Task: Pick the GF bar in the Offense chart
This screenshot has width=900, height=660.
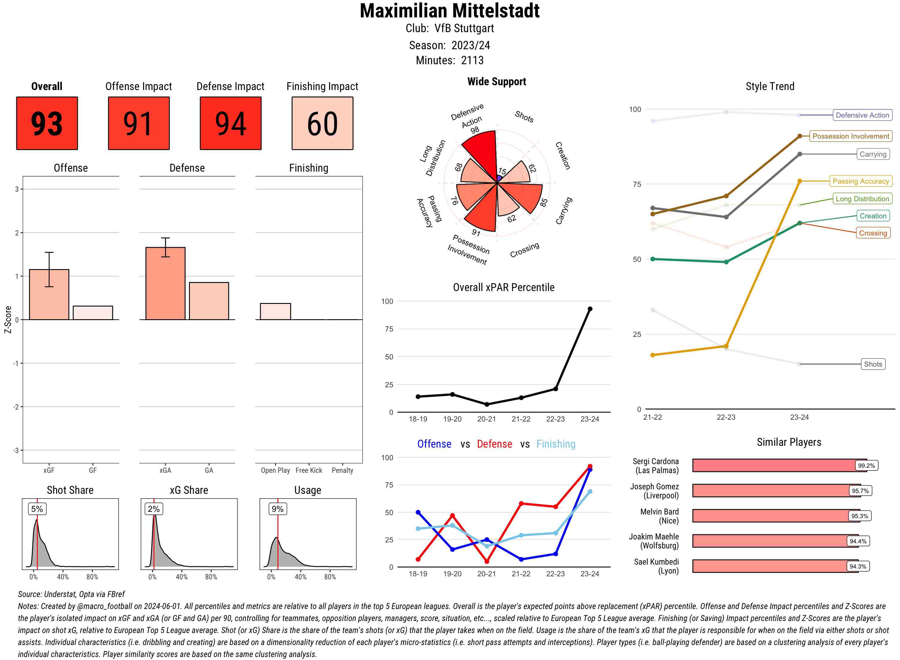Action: [93, 313]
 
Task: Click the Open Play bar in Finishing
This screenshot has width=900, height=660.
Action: [275, 312]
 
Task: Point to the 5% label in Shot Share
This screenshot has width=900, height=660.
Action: [37, 509]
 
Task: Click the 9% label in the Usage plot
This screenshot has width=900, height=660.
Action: [277, 509]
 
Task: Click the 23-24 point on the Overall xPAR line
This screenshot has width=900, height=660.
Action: [589, 309]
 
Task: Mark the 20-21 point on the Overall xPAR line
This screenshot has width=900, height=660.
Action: [487, 404]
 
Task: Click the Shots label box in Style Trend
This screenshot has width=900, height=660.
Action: [872, 364]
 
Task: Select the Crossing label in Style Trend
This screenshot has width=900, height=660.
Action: [872, 233]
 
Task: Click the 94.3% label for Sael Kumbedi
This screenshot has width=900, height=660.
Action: [858, 566]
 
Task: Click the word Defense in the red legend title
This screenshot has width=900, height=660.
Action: [494, 444]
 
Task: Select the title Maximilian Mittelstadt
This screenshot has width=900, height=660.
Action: [449, 11]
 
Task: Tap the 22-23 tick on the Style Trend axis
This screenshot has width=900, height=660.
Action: [726, 417]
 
